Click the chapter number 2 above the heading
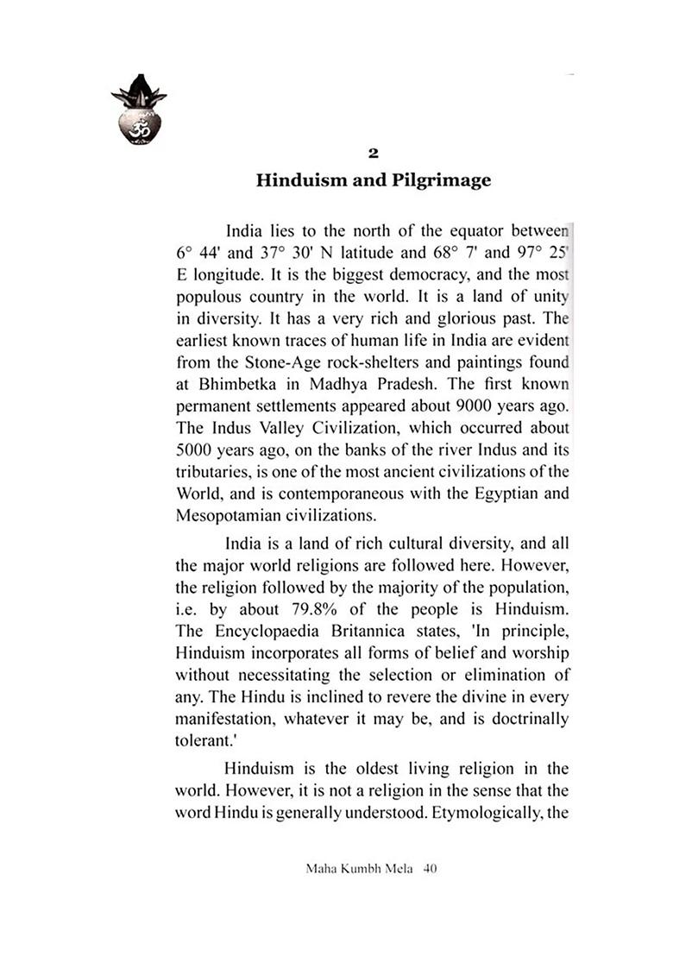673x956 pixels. point(373,154)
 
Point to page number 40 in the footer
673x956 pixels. point(431,871)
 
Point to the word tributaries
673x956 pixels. point(210,471)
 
